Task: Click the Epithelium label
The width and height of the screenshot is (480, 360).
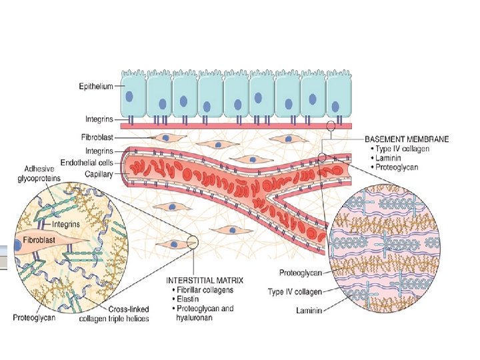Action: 95,85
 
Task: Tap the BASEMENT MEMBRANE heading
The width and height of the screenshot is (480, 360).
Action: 407,139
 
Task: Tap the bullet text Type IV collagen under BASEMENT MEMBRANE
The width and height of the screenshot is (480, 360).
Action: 407,149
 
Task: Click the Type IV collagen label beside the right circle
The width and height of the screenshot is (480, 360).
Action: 295,291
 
